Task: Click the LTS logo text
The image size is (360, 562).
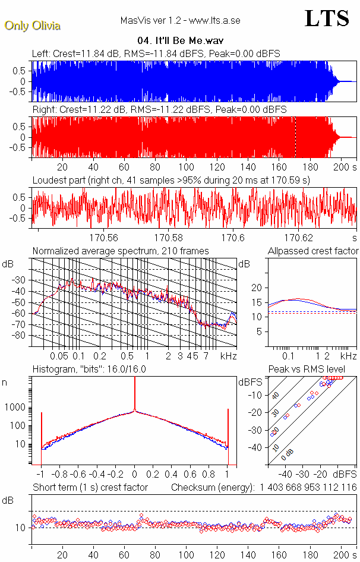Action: [327, 18]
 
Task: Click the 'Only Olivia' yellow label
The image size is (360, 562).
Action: [32, 26]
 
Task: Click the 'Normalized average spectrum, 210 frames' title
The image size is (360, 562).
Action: [121, 251]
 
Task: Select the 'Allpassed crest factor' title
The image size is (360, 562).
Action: [313, 251]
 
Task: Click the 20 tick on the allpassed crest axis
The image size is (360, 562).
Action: [257, 288]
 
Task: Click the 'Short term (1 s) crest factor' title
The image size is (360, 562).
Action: [90, 487]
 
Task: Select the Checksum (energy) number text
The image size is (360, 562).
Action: [308, 487]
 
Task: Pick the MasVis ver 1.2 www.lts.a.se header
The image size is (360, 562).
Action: [180, 20]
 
